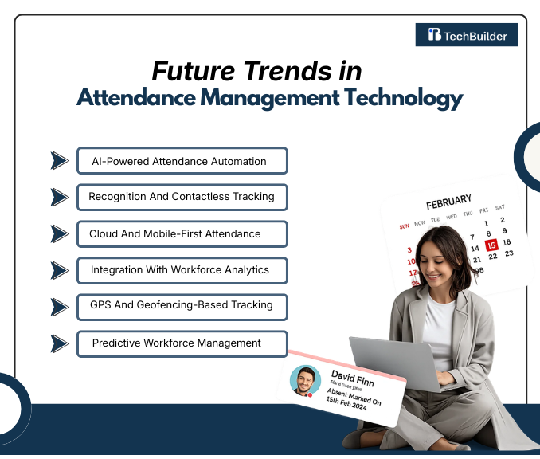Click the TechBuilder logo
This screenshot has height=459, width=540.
click(467, 34)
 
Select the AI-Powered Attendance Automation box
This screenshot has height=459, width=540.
click(182, 161)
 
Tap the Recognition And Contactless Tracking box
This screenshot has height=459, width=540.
click(182, 196)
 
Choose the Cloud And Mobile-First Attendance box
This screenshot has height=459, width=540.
click(182, 233)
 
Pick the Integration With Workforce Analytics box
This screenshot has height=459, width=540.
click(182, 270)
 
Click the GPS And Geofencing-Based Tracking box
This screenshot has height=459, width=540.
click(182, 305)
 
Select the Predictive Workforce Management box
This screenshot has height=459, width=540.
click(182, 343)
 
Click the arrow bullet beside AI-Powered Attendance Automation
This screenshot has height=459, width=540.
click(60, 161)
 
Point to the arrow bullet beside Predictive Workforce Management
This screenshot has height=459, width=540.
click(60, 343)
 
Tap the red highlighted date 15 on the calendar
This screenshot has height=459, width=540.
click(491, 245)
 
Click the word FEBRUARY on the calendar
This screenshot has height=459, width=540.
click(448, 201)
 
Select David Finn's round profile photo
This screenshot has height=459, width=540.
click(304, 380)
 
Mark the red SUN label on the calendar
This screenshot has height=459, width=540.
click(404, 226)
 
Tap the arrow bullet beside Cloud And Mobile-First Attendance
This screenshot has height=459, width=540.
click(60, 233)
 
